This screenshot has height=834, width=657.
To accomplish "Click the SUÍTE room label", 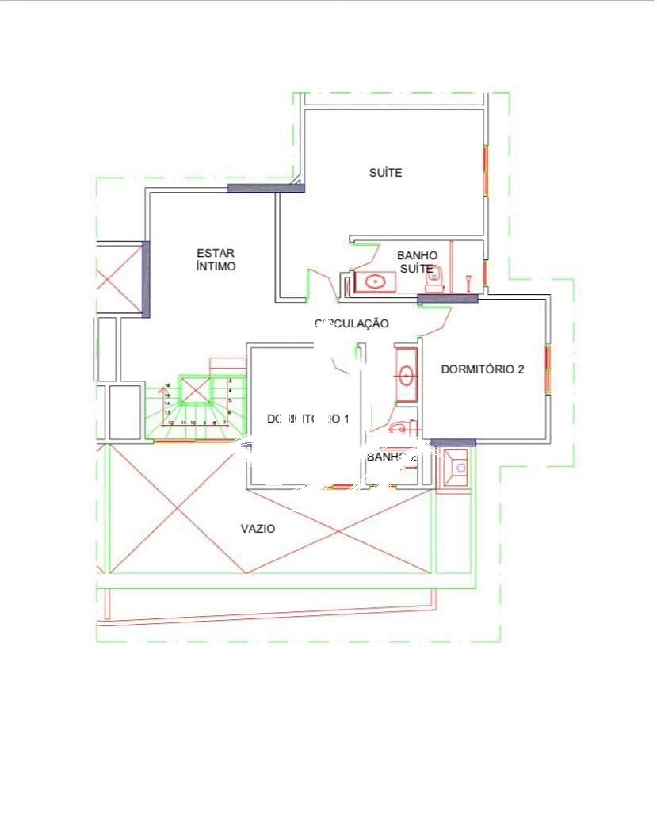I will click(385, 173).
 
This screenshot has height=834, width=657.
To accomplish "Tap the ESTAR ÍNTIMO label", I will click(216, 260).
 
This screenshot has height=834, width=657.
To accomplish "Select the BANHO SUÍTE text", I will click(417, 262).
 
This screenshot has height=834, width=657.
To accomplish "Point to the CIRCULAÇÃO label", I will click(352, 323).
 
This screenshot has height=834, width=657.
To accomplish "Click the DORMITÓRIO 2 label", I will click(482, 369).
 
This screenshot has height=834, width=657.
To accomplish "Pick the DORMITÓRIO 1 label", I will click(308, 419).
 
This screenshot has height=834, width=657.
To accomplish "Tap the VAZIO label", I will click(258, 529).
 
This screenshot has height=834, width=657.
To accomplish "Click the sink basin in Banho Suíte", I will click(375, 281).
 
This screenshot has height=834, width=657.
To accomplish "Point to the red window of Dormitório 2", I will click(547, 369).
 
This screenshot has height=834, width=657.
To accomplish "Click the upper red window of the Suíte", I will click(485, 170).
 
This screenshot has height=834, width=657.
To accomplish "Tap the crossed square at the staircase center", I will click(194, 391).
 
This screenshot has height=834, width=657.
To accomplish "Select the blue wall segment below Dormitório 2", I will click(453, 442).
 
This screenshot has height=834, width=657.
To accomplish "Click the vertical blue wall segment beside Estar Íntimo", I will click(145, 279).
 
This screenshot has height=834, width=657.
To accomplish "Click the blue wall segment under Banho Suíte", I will click(448, 299).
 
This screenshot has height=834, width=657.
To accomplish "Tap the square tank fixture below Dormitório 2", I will click(456, 468).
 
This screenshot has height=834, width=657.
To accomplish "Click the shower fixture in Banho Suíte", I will click(471, 278).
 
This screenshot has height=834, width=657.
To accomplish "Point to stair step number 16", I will click(167, 386).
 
